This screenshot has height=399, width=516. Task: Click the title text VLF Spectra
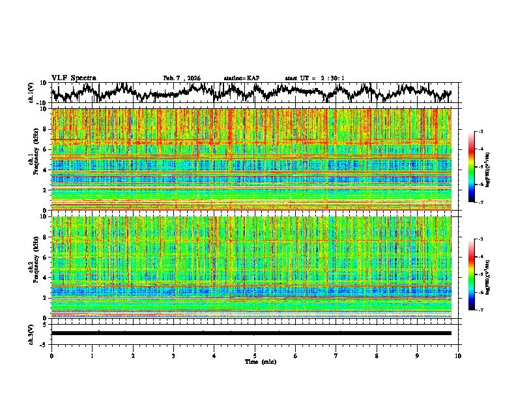74,78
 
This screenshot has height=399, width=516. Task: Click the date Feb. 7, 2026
182,78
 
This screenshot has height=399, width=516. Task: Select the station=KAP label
242,78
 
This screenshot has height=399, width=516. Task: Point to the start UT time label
315,78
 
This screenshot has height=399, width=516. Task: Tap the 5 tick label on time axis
255,355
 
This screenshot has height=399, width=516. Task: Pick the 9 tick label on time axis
418,355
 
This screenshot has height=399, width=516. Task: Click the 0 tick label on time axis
51,355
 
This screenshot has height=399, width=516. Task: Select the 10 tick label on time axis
458,355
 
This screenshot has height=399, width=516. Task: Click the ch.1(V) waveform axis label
31,93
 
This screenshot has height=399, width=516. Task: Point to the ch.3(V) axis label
31,333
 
